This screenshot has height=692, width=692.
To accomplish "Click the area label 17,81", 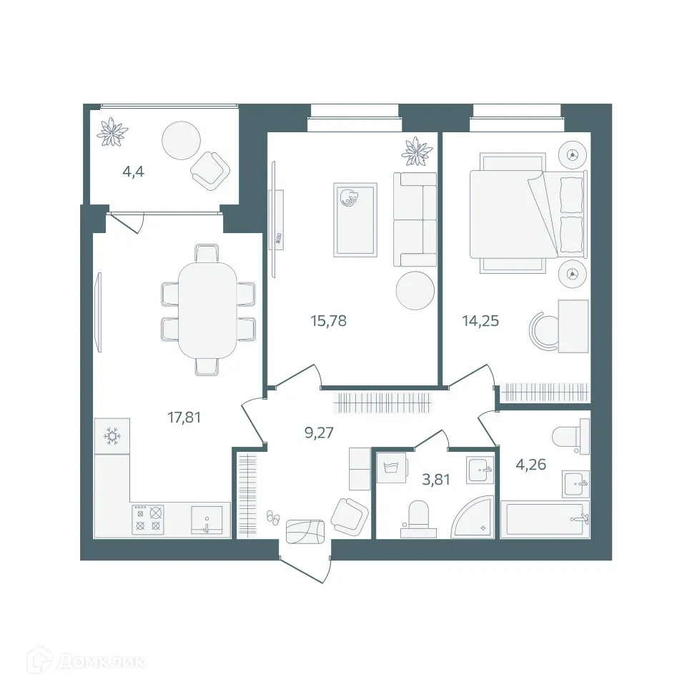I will (x=184, y=417).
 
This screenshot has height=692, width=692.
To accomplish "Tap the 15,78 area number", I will (x=328, y=321).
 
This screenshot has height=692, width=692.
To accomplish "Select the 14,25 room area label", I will (x=480, y=321).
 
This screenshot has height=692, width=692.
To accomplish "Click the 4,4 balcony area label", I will (x=133, y=172).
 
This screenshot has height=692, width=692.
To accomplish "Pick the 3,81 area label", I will (x=437, y=480).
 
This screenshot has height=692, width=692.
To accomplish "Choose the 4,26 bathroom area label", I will (x=531, y=465).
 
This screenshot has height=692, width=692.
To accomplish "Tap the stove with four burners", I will (x=148, y=518).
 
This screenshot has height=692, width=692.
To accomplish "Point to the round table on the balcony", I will (x=182, y=140).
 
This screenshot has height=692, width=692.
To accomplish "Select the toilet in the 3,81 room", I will (x=418, y=518).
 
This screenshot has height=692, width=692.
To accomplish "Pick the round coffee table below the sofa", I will (x=415, y=290).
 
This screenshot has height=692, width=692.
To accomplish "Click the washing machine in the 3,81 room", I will (x=391, y=469).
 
